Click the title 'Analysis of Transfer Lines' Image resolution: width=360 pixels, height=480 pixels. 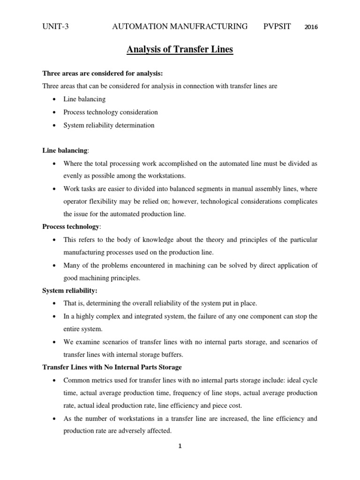[x=180, y=49]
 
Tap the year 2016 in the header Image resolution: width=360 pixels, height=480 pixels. [x=311, y=27]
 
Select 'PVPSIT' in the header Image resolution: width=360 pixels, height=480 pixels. [x=277, y=26]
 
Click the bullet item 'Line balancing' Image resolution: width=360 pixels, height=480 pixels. [x=84, y=99]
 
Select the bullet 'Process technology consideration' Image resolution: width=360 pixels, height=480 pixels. [x=111, y=112]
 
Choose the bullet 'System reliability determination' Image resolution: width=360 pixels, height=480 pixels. [x=109, y=125]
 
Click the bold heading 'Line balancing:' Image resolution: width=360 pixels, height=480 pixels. [x=65, y=150]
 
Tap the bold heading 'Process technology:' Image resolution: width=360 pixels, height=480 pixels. [x=71, y=227]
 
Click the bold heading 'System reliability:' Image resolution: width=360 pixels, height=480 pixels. [x=70, y=291]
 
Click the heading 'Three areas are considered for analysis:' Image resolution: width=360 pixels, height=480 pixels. [x=103, y=73]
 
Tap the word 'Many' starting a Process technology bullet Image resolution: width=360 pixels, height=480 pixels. [x=73, y=265]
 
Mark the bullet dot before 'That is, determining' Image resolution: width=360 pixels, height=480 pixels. [x=55, y=303]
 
